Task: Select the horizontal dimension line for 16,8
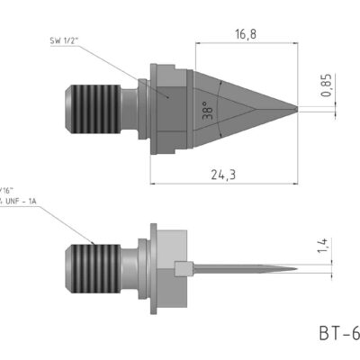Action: coord(243,43)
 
